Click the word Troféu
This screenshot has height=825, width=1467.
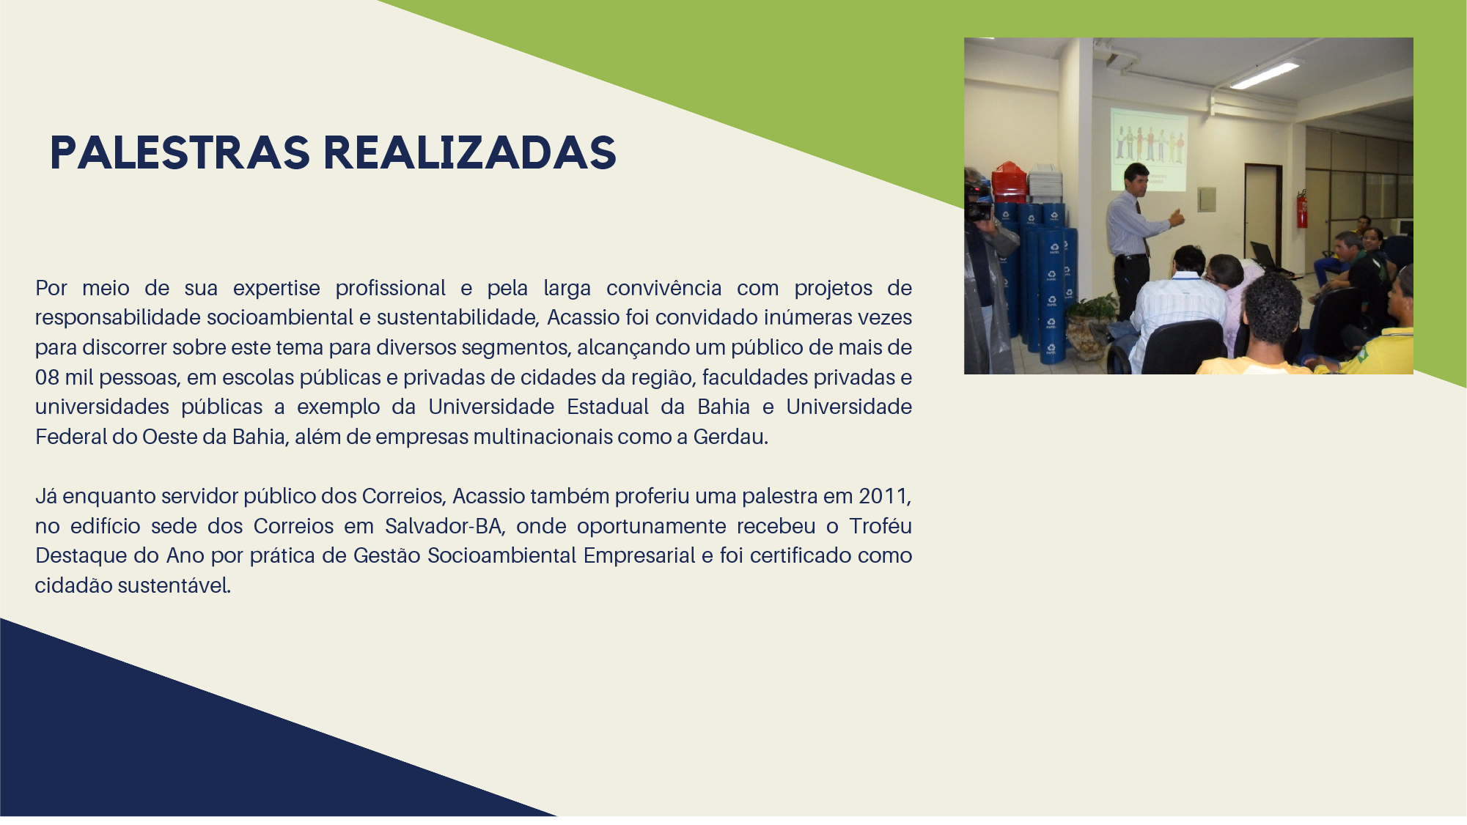tap(880, 526)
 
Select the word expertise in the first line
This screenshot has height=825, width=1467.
tap(276, 289)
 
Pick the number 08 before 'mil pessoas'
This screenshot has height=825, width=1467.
tap(47, 377)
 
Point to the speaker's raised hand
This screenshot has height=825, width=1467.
tap(1177, 218)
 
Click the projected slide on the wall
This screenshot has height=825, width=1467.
tap(1148, 149)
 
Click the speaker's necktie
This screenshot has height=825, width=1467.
tap(1141, 224)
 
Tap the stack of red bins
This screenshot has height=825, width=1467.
tap(1009, 182)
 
